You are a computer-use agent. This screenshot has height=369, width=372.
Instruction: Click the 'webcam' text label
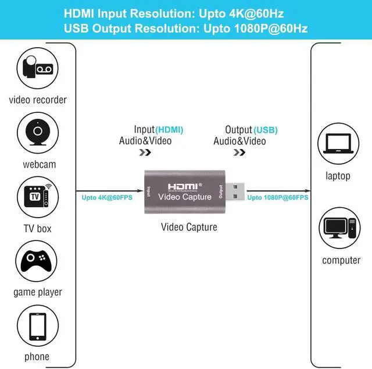pyautogui.click(x=40, y=164)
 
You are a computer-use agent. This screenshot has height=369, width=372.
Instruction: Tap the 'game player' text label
pyautogui.click(x=38, y=292)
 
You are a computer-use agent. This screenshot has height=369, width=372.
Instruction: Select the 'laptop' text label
pyautogui.click(x=338, y=176)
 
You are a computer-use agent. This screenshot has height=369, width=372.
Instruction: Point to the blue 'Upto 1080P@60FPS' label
pyautogui.click(x=278, y=197)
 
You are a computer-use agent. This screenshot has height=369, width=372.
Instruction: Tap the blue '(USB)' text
pyautogui.click(x=266, y=130)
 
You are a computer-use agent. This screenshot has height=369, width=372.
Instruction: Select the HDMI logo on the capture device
pyautogui.click(x=184, y=186)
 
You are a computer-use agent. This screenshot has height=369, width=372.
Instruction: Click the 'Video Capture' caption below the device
pyautogui.click(x=189, y=227)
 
